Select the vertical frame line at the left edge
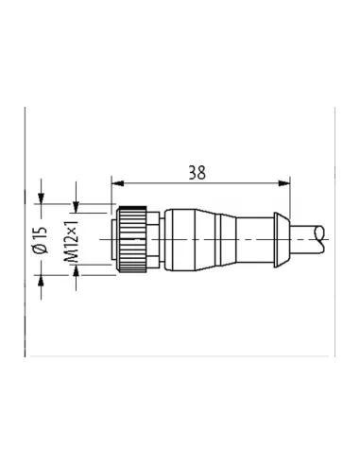[26, 236]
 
